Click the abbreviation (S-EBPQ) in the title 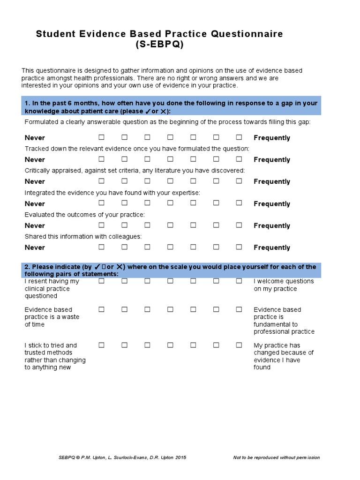[x=159, y=45]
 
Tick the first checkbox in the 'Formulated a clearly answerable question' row [x=101, y=137]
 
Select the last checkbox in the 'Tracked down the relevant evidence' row [x=239, y=159]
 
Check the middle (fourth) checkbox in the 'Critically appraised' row [x=170, y=181]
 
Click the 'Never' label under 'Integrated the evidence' [x=35, y=204]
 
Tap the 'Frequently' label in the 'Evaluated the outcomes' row [x=272, y=225]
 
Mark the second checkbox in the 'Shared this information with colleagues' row [x=124, y=247]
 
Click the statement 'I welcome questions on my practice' [x=284, y=285]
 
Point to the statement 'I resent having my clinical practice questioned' [x=52, y=289]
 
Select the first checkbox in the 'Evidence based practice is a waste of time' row [x=101, y=309]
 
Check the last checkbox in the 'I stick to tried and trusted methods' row [x=239, y=345]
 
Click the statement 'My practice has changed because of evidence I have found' [x=284, y=356]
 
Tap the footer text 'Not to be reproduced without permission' [x=276, y=457]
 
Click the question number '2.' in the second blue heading [x=27, y=267]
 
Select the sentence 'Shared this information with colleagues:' [x=83, y=236]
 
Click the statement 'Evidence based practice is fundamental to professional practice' [x=284, y=321]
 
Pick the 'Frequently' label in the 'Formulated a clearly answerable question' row [x=272, y=138]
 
